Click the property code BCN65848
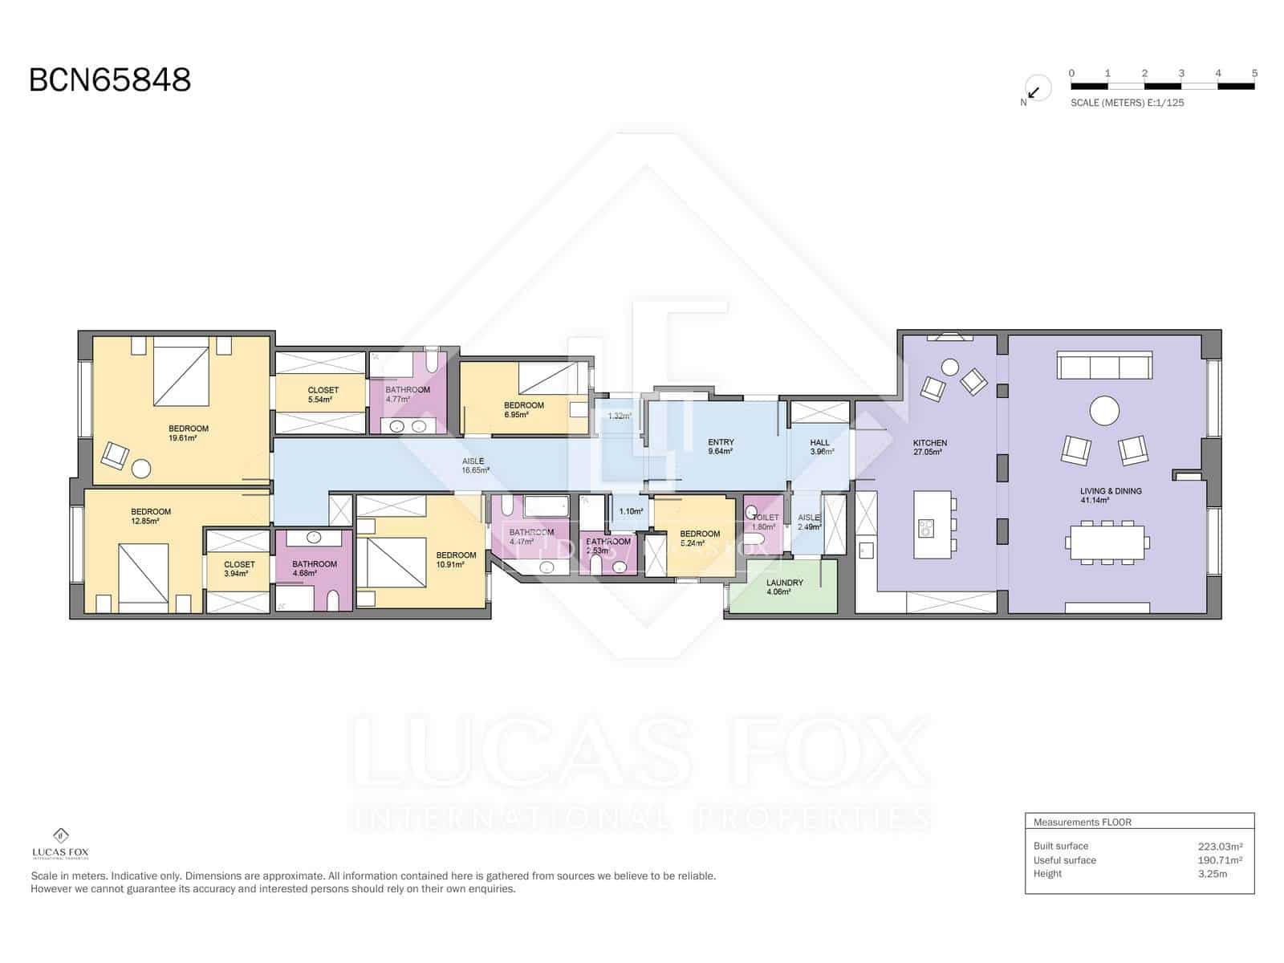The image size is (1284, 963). tap(110, 80)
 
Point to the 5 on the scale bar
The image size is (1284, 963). tap(1254, 73)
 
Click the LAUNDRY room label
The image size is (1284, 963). tap(784, 587)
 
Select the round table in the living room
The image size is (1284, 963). tap(1104, 411)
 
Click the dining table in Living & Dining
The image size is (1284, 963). tap(1107, 542)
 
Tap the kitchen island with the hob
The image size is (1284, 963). tap(932, 525)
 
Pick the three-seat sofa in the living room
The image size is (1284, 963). tap(1104, 365)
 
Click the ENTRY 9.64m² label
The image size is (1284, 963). tap(721, 446)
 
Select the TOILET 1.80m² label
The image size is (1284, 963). tap(765, 522)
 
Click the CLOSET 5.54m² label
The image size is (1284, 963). tap(323, 394)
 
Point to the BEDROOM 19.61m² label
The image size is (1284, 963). tap(189, 433)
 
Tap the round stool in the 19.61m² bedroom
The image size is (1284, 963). tap(142, 468)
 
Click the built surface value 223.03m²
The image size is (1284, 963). tap(1220, 846)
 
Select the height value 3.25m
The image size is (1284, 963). tap(1212, 873)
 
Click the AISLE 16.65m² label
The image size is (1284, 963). tap(475, 465)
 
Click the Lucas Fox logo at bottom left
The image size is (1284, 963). tap(60, 843)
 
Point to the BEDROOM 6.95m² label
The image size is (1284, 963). tap(523, 409)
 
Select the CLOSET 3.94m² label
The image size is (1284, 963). tap(239, 568)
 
